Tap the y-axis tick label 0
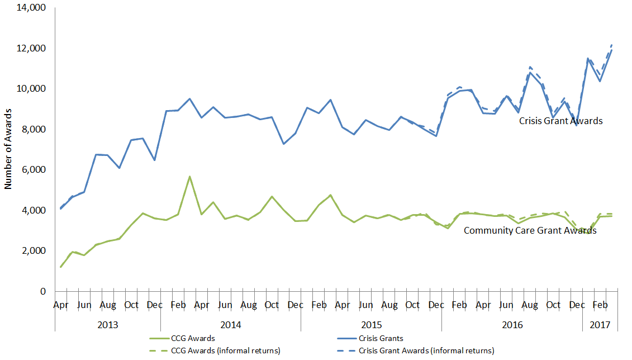tap(43, 291)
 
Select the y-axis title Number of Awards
tap(8, 149)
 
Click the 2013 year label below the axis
tap(107, 324)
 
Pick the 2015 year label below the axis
tap(371, 324)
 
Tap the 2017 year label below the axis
tap(600, 324)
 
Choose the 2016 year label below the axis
tap(512, 324)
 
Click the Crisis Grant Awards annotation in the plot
tap(560, 121)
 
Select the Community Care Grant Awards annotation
tap(530, 230)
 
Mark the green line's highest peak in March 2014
tap(190, 177)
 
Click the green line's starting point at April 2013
tap(60, 267)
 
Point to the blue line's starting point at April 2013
tap(60, 209)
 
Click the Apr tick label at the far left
tap(60, 305)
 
